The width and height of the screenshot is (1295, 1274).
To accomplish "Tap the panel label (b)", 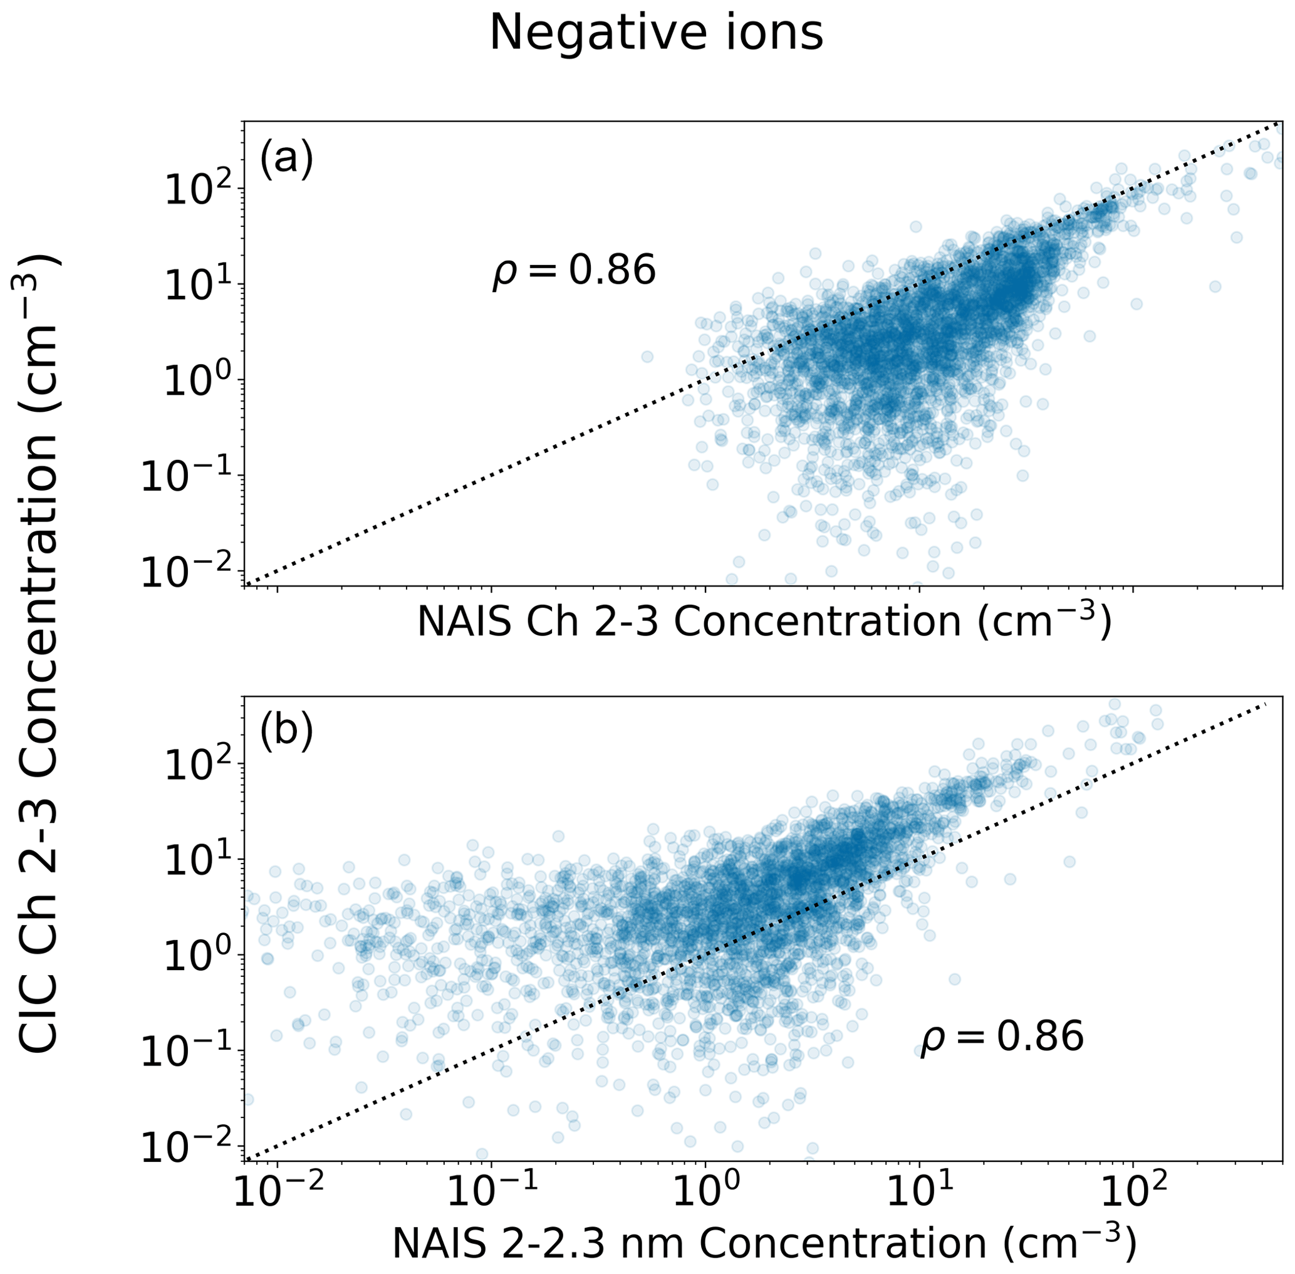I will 286,734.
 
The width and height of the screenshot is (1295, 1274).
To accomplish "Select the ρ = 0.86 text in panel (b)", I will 1001,1037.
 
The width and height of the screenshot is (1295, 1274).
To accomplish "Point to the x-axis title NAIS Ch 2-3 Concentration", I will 764,622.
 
